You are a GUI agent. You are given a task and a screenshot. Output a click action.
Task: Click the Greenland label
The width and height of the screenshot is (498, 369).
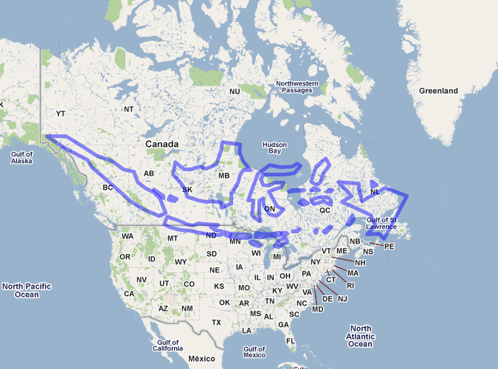coord(438,91)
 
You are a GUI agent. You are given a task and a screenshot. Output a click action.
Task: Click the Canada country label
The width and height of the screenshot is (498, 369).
coord(162,143)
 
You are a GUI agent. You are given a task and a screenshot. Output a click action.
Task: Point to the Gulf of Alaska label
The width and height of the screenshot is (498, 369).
coord(21,156)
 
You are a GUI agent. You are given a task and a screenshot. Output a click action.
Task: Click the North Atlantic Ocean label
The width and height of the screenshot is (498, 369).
coord(361,336)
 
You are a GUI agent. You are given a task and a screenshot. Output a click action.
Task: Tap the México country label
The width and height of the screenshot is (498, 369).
coord(201,358)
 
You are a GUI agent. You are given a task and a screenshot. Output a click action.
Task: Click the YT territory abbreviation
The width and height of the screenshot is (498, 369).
coord(60,114)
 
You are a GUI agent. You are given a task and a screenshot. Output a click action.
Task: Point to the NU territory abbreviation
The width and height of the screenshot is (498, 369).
coord(235,92)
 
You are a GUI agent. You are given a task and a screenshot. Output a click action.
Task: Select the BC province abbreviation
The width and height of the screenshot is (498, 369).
coord(107,187)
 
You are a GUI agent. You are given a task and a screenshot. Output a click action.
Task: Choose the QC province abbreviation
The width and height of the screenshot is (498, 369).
coord(325,210)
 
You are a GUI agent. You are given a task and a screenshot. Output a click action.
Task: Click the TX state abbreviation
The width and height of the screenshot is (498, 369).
coord(216,323)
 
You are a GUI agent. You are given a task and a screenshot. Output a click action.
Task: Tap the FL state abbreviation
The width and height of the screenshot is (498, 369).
coord(291,340)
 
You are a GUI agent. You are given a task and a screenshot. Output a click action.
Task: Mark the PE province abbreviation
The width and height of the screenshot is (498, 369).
coord(390,246)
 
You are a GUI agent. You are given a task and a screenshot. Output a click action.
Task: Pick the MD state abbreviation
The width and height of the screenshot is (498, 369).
coord(318,308)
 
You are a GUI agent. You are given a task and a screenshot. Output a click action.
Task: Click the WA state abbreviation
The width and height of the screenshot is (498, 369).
coord(128,236)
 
